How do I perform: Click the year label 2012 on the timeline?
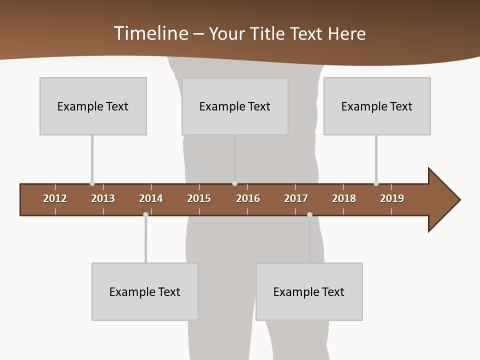point(55,198)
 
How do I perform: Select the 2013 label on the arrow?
point(103,198)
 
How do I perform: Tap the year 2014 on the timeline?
point(151,198)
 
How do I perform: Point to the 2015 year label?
point(199,198)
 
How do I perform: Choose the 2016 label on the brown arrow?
point(248,198)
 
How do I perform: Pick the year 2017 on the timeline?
point(296,198)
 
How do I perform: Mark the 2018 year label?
point(344,198)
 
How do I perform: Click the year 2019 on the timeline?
point(392,198)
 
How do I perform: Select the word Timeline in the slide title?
point(151,33)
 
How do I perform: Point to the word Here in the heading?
point(346,33)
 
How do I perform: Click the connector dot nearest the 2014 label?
point(145,214)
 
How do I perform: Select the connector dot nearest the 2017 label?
point(309,214)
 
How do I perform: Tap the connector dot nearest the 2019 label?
point(376,183)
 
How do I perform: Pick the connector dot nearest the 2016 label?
point(234,183)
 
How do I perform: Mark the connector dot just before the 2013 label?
point(92,183)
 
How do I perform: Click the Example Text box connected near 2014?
point(145,291)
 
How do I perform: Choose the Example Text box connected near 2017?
point(309,291)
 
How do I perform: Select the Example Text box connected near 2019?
point(377,106)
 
